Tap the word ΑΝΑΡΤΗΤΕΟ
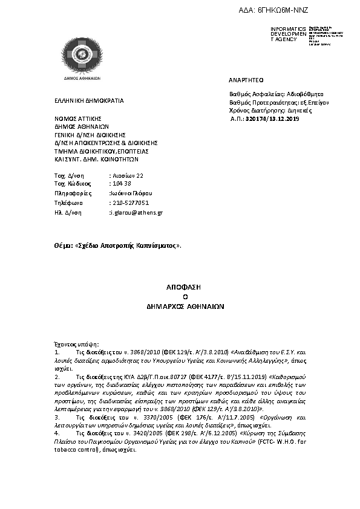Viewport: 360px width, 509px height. coord(246,80)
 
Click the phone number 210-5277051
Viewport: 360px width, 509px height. coord(129,203)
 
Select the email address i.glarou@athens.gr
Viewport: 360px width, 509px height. coord(136,213)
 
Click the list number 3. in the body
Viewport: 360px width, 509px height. coord(57,417)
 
